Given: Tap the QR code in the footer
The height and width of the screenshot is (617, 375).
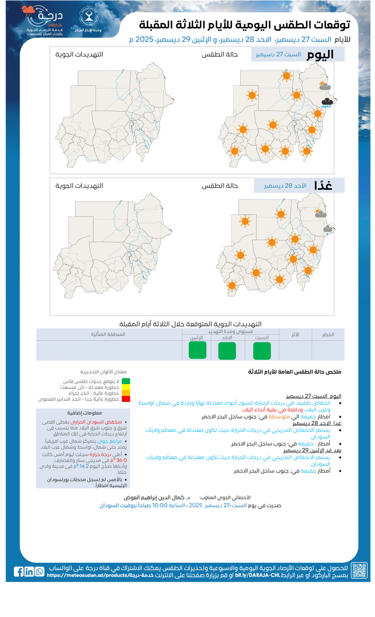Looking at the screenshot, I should click(x=359, y=570).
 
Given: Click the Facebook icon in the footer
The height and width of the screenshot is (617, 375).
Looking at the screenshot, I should click(x=19, y=571).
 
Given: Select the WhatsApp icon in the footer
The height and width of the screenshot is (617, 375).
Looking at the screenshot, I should click(x=39, y=572).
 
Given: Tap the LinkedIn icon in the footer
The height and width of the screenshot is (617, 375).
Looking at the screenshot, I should click(x=29, y=572).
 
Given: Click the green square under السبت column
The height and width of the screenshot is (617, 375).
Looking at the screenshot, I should click(x=262, y=350).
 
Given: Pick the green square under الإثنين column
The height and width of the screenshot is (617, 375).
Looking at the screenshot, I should click(x=197, y=350).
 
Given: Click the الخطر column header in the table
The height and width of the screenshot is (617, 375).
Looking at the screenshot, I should click(x=328, y=334).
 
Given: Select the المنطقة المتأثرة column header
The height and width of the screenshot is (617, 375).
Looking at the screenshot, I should click(x=108, y=334).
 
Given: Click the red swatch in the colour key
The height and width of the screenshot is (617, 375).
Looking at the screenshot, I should click(x=126, y=399).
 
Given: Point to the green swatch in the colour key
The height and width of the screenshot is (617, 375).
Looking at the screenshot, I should click(x=126, y=381).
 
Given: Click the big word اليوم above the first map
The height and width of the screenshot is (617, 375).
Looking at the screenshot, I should click(x=320, y=54).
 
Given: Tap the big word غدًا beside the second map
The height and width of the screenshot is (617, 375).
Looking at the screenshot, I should click(x=323, y=185).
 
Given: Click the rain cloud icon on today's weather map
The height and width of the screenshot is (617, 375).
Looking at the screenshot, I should click(x=327, y=103).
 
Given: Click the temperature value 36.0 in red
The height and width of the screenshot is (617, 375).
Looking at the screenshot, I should click(x=121, y=460).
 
